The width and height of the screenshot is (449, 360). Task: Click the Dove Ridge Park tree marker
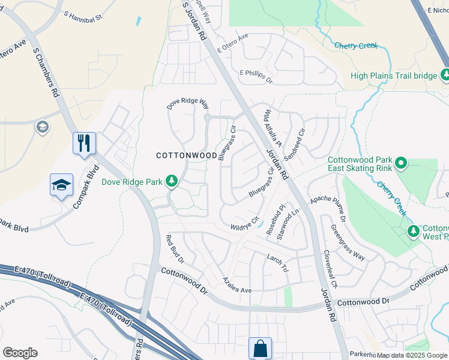pos(172,181)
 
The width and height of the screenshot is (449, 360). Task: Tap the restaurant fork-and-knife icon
pos(84,143)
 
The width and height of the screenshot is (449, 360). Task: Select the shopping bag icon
pos(260,347)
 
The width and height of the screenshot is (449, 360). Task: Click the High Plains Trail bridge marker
pos(445,75)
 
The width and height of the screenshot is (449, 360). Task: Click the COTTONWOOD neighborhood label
pos(187,155)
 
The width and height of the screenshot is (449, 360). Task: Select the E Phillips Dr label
pos(256,76)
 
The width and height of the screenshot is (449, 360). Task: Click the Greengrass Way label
pos(348,243)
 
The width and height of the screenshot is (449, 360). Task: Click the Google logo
pos(20,353)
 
